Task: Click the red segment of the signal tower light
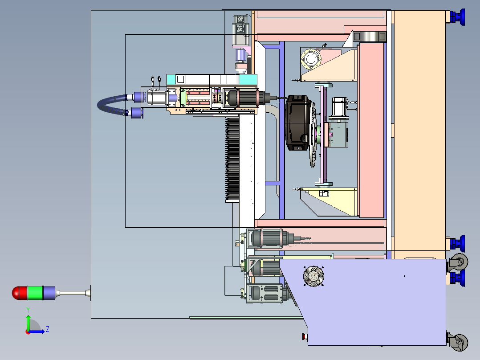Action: click(x=20, y=293)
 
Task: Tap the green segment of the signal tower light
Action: click(x=35, y=293)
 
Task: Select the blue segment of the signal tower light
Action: click(x=49, y=293)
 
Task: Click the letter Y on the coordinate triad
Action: click(x=28, y=310)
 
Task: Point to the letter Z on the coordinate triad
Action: click(x=48, y=329)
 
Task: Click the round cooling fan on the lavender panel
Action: click(x=313, y=276)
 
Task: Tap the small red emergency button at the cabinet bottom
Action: click(x=304, y=336)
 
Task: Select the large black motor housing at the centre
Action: click(x=297, y=123)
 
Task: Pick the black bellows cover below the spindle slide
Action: click(x=232, y=160)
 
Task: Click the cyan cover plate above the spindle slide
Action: click(x=212, y=79)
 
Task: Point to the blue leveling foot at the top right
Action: click(x=457, y=17)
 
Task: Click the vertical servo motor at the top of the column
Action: click(x=241, y=31)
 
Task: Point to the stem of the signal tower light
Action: click(x=73, y=293)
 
